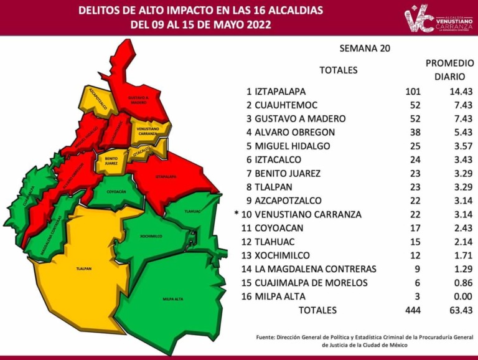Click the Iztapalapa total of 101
coord(413,91)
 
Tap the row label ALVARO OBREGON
coord(294,132)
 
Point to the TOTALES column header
coord(338,70)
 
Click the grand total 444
coord(413,310)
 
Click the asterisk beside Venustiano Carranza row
coord(237,214)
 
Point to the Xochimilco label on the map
coord(152,236)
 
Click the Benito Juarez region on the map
coord(111,161)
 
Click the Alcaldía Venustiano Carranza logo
coord(438,19)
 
